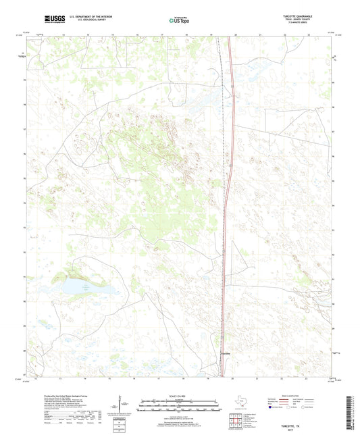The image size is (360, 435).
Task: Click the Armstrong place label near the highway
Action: click(226, 353)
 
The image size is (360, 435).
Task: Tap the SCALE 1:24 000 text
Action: click(179, 396)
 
